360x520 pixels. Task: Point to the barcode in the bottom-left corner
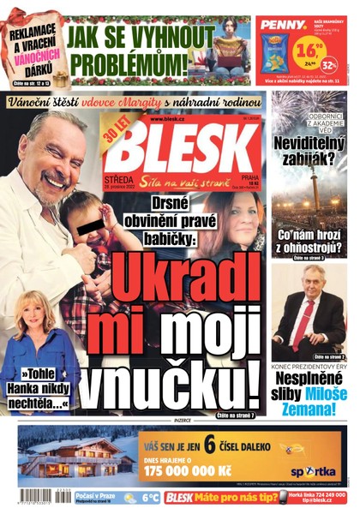click(31, 497)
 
